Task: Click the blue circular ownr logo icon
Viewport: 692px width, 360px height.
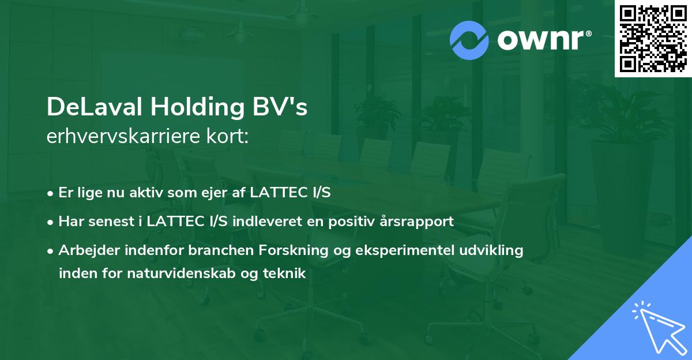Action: pos(469,40)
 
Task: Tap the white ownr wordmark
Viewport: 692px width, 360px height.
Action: pos(544,40)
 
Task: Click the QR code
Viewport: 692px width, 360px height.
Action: pos(653,38)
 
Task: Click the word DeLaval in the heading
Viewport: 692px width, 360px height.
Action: pos(95,107)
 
